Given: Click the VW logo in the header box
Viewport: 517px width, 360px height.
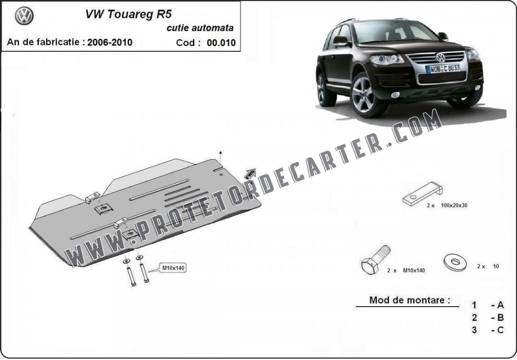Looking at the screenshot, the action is click(x=24, y=16).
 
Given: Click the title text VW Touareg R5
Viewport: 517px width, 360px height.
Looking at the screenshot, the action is click(x=129, y=14).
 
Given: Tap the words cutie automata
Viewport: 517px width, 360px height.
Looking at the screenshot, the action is click(x=200, y=28).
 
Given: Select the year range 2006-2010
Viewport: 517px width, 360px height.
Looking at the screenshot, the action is click(x=110, y=42).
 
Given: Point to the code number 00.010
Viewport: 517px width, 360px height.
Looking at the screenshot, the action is click(x=221, y=43).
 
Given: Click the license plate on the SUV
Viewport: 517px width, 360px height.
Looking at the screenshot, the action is click(x=443, y=69).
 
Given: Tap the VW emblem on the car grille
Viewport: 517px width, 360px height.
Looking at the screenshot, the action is click(x=440, y=57).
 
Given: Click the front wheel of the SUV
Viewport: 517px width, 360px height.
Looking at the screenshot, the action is click(x=365, y=95).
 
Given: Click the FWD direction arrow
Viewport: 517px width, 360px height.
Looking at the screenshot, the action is click(x=250, y=174).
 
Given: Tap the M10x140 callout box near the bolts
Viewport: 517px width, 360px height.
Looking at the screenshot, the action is click(x=173, y=268).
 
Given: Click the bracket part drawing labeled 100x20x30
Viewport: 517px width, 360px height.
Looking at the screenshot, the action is click(x=422, y=193).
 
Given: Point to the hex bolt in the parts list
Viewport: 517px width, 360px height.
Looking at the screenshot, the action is click(x=376, y=260).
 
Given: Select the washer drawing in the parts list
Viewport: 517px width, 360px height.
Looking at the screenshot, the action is click(x=456, y=262).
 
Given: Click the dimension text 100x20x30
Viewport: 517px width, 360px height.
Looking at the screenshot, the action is click(x=454, y=206).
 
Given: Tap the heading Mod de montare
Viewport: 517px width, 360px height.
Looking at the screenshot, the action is click(x=410, y=300).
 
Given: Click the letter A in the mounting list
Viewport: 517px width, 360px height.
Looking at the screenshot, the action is click(x=500, y=305).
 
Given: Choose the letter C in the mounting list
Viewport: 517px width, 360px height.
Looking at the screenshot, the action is click(x=500, y=330).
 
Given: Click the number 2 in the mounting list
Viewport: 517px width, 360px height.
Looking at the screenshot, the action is click(x=474, y=317).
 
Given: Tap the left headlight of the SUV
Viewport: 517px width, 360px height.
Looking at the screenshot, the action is click(x=386, y=59).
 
